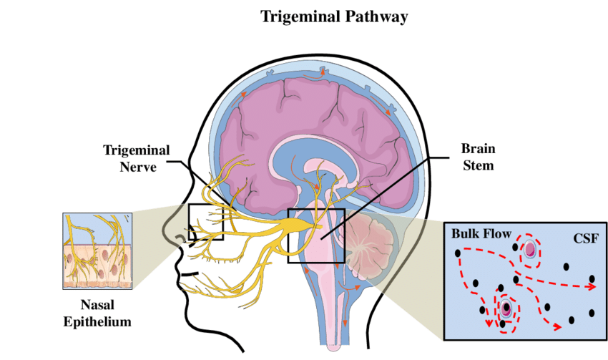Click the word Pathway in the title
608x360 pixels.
pyautogui.click(x=372, y=15)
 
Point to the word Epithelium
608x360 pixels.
pyautogui.click(x=97, y=322)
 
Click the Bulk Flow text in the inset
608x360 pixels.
pyautogui.click(x=481, y=234)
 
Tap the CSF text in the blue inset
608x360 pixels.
pyautogui.click(x=587, y=237)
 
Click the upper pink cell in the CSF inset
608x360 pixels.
pyautogui.click(x=529, y=250)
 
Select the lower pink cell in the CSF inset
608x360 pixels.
pyautogui.click(x=506, y=309)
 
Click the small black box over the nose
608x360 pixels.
pyautogui.click(x=205, y=222)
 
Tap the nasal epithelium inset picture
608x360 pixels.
pyautogui.click(x=97, y=250)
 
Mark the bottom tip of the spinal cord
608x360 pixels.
pyautogui.click(x=335, y=349)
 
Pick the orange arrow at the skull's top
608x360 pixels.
pyautogui.click(x=323, y=72)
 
